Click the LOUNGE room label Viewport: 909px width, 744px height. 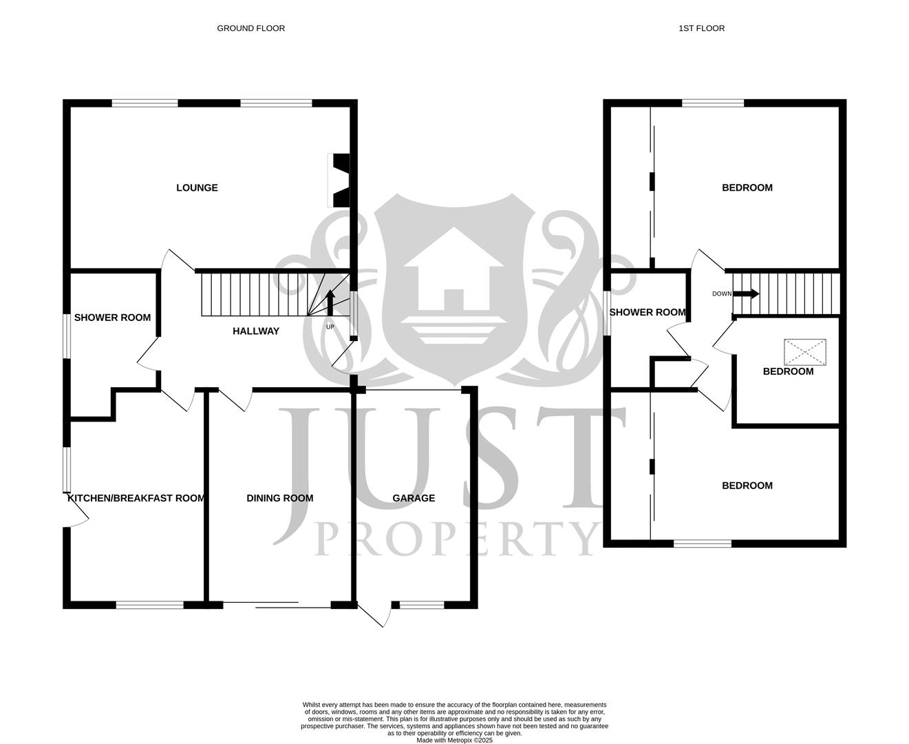[x=197, y=188]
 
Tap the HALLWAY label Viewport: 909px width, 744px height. [x=256, y=331]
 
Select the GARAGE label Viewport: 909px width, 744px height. [x=414, y=498]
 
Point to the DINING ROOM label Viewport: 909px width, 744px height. [x=279, y=498]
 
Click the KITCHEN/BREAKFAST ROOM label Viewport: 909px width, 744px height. [x=136, y=498]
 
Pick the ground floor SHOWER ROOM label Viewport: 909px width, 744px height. [x=112, y=318]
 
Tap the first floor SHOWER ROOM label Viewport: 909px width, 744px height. [x=648, y=312]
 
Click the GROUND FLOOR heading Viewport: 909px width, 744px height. [x=250, y=28]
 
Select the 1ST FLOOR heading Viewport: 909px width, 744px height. [x=701, y=28]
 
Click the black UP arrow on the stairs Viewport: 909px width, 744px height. [x=330, y=302]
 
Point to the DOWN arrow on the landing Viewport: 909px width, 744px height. [x=745, y=294]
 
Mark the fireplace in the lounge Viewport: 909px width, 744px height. [x=339, y=180]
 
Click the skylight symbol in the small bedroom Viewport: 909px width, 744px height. [x=805, y=352]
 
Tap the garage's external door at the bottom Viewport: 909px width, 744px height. [x=373, y=614]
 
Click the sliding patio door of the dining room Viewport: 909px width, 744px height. [x=277, y=606]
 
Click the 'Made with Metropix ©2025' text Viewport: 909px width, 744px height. [x=454, y=741]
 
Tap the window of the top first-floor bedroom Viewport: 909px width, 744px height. [x=713, y=103]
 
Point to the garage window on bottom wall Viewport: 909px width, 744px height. [x=422, y=606]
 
